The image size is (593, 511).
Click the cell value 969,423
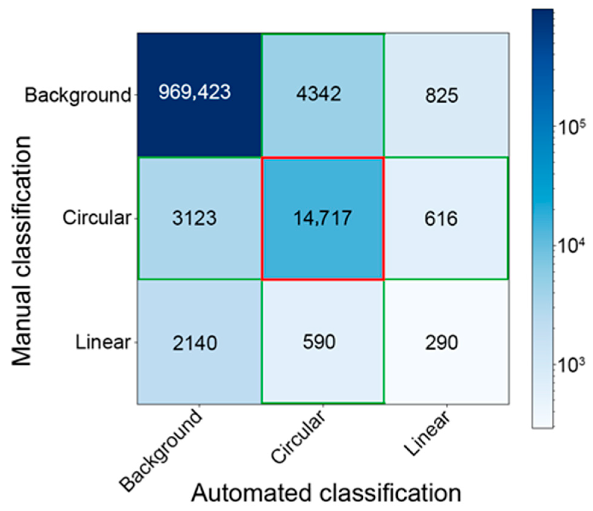[x=194, y=92]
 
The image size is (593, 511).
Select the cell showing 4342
[x=318, y=94]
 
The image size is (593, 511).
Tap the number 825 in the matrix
[x=442, y=95]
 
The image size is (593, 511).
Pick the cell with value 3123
[x=194, y=218]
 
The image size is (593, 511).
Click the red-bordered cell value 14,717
[x=322, y=218]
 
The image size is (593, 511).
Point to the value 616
[x=441, y=219]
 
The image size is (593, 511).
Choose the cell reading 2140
[x=195, y=343]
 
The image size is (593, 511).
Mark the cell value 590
[x=319, y=342]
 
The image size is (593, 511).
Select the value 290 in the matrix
[x=442, y=342]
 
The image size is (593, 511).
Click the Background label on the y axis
[x=78, y=95]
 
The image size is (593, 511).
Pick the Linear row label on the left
[x=103, y=342]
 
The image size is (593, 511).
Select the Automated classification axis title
[x=326, y=494]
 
